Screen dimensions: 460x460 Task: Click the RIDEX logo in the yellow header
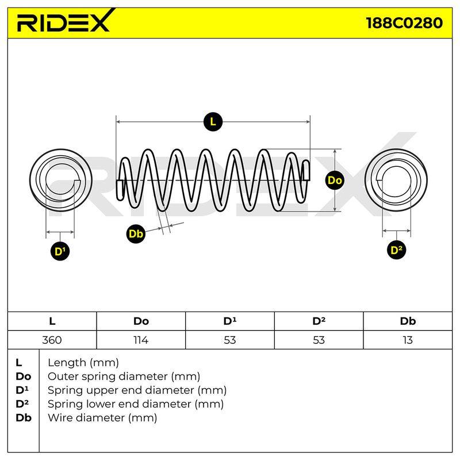point(65,21)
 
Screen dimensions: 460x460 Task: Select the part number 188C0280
point(404,23)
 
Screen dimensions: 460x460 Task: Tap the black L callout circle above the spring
point(213,121)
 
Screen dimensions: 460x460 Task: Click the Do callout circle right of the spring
point(335,180)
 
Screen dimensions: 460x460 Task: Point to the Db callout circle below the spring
point(136,234)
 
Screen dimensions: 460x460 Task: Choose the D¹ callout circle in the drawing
point(60,251)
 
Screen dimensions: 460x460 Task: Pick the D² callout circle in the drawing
point(396,250)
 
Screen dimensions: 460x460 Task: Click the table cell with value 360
point(52,340)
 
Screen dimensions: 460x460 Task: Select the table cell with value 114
point(141,340)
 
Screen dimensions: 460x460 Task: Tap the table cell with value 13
point(408,340)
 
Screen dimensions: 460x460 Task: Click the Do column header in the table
point(141,321)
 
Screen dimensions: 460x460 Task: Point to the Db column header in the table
point(408,321)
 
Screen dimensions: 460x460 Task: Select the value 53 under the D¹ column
point(229,340)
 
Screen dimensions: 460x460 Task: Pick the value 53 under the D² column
point(319,340)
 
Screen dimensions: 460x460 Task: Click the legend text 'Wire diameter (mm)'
point(102,418)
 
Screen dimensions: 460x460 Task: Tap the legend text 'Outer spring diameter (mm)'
point(124,377)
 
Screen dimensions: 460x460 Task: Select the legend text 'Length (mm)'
point(83,363)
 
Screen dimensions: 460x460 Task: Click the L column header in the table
point(52,321)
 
